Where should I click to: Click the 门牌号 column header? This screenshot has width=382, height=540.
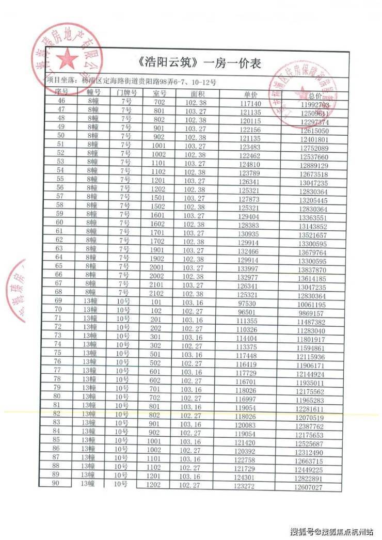coord(126,93)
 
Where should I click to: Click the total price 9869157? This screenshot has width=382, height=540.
coord(311,314)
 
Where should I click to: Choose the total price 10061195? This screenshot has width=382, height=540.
coord(311,305)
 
